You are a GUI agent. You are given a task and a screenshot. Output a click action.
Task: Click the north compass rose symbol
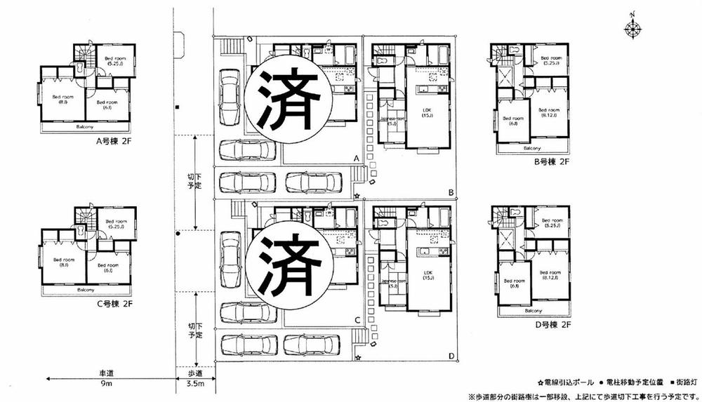coord(633,28)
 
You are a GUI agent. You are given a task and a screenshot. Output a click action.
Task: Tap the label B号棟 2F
coord(550,163)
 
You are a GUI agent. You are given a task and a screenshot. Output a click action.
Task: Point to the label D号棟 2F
coord(550,326)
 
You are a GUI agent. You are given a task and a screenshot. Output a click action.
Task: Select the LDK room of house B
coord(427,112)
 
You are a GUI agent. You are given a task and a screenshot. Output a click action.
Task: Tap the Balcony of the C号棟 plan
coord(86,289)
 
